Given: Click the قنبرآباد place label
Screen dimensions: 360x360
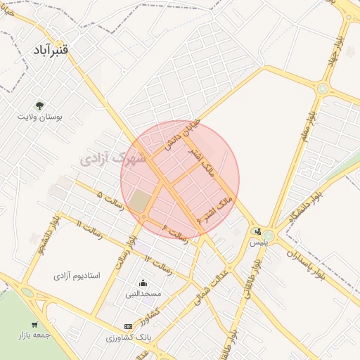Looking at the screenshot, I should (x=52, y=52).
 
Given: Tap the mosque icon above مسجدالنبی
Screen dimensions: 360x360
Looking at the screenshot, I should (x=143, y=283).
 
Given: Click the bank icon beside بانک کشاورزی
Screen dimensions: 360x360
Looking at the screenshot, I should (x=127, y=326).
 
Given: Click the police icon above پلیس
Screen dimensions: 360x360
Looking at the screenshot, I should (x=258, y=231).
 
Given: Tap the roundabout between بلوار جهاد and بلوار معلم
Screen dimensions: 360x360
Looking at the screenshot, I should (x=323, y=89).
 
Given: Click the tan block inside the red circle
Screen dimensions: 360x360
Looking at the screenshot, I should (x=140, y=200).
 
